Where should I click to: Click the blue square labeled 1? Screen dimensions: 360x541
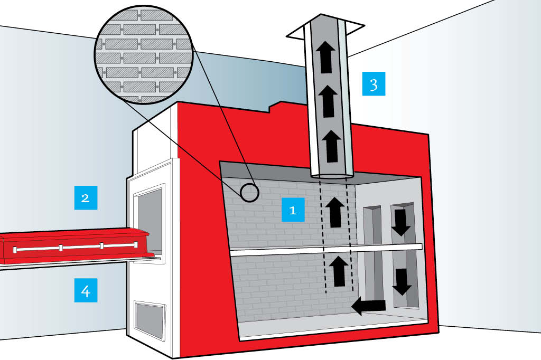tap(293, 210)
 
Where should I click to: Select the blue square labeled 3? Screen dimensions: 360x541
tap(374, 84)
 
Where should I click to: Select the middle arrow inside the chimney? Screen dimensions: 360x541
tap(328, 101)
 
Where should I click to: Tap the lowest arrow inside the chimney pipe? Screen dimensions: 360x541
tap(332, 146)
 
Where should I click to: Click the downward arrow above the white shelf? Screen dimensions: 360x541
tap(401, 222)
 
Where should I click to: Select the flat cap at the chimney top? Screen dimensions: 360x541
tap(325, 31)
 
